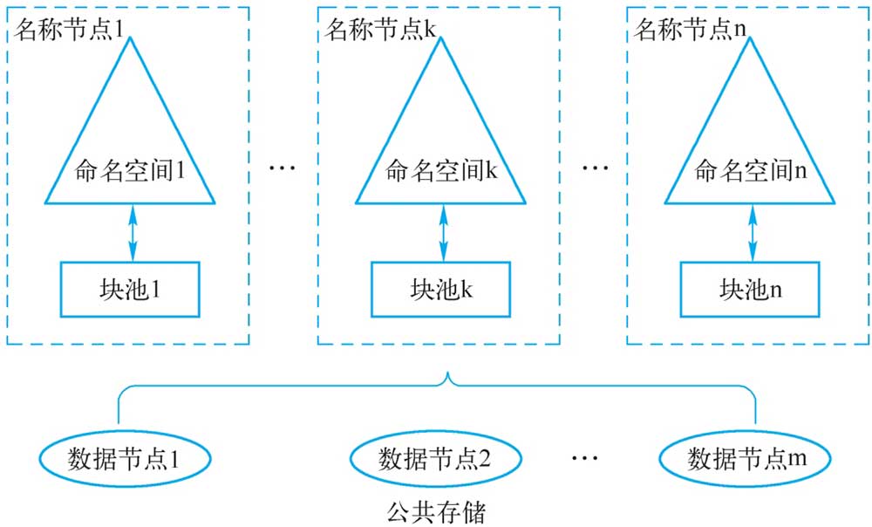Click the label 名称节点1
pyautogui.click(x=69, y=29)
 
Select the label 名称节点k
pyautogui.click(x=380, y=29)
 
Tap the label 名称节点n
pyautogui.click(x=690, y=29)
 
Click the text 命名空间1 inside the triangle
pyautogui.click(x=130, y=171)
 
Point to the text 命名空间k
pyautogui.click(x=441, y=171)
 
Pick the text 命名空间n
pyautogui.click(x=750, y=171)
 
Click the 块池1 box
pyautogui.click(x=130, y=290)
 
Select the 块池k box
pyautogui.click(x=441, y=290)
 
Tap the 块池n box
pyautogui.click(x=750, y=290)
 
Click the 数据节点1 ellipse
pyautogui.click(x=125, y=459)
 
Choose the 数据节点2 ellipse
pyautogui.click(x=435, y=459)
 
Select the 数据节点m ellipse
pyautogui.click(x=745, y=459)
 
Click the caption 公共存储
pyautogui.click(x=436, y=512)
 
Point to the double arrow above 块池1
pyautogui.click(x=133, y=233)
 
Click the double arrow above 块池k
pyautogui.click(x=443, y=233)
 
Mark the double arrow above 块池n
pyautogui.click(x=753, y=233)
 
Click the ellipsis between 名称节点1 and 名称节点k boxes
pyautogui.click(x=283, y=167)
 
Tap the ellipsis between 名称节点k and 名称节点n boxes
pyautogui.click(x=595, y=167)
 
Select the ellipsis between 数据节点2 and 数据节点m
pyautogui.click(x=584, y=458)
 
